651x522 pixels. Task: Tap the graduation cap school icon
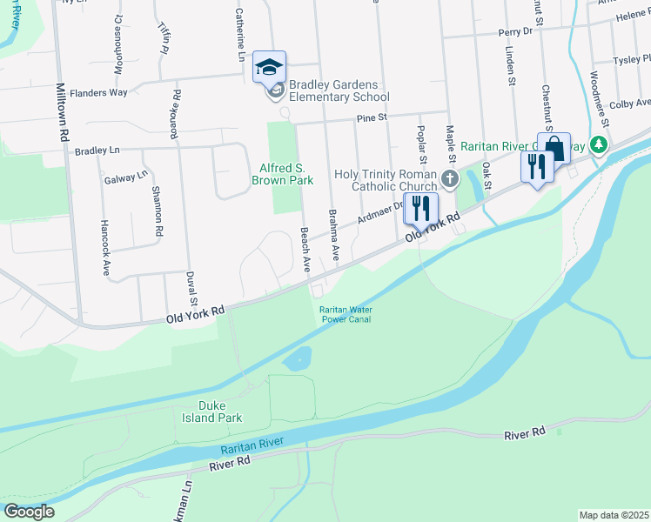270,66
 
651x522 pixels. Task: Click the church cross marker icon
450,179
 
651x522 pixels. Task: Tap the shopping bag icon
554,147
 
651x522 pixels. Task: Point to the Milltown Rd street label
62,113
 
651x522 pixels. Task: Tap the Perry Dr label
515,31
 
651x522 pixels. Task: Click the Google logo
29,512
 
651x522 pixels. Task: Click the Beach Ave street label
305,251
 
